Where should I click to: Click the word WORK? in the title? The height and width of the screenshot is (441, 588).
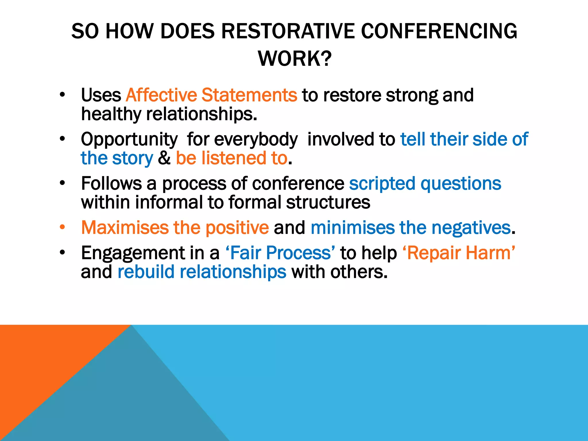click(x=295, y=59)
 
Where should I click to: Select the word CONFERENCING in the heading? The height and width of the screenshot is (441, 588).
click(x=439, y=31)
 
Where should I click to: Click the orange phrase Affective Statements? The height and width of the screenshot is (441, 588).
click(x=211, y=95)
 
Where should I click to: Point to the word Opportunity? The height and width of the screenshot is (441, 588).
click(x=129, y=140)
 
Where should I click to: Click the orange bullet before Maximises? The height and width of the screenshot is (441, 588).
click(x=63, y=227)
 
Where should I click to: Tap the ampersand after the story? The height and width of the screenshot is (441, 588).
click(x=164, y=158)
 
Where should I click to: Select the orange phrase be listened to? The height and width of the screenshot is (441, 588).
click(x=231, y=158)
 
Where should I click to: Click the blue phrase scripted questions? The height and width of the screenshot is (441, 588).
click(x=425, y=184)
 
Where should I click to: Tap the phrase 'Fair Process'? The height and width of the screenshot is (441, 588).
click(x=280, y=253)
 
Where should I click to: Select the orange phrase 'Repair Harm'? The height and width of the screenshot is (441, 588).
click(x=459, y=253)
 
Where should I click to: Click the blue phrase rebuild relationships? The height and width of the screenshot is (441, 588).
click(x=202, y=272)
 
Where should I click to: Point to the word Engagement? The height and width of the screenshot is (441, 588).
click(x=133, y=254)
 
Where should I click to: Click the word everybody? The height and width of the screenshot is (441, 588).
click(x=256, y=140)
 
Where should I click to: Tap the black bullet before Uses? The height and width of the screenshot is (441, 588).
click(x=63, y=95)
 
